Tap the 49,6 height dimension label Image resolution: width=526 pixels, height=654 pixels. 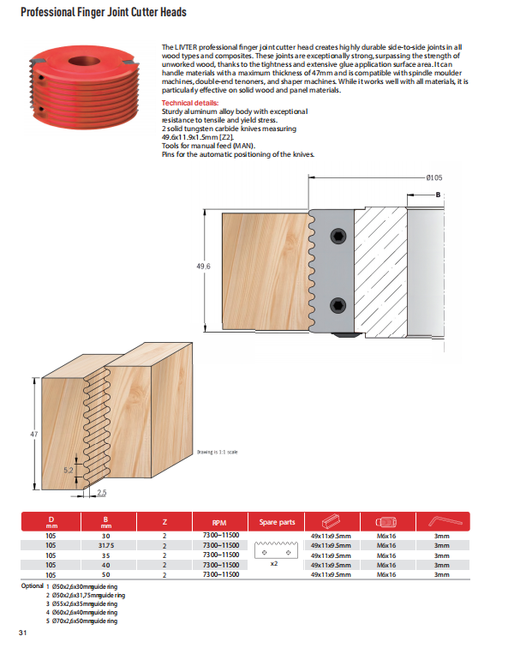[203, 267]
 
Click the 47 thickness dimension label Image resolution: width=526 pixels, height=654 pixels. [35, 435]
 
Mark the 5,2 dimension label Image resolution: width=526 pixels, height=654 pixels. [69, 470]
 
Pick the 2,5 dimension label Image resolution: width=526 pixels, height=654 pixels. [101, 492]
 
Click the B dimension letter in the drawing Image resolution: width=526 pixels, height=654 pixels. [438, 195]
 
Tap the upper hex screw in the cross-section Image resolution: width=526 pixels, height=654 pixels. [341, 237]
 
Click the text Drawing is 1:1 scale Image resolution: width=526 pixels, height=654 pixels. [217, 451]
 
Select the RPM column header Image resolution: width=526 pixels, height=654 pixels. [218, 521]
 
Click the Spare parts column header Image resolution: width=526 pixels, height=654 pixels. [277, 521]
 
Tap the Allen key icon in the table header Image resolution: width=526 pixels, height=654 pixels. [442, 521]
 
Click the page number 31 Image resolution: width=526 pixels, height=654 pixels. [24, 633]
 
